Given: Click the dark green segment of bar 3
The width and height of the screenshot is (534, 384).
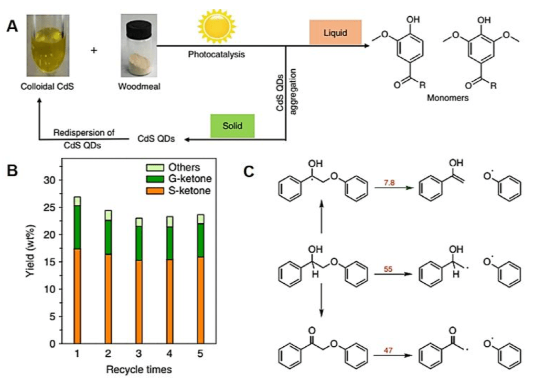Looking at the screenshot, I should coord(139,243).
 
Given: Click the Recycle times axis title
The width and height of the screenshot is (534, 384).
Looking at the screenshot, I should coord(139,369).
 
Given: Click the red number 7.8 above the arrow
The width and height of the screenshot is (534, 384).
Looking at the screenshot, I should coord(388,183).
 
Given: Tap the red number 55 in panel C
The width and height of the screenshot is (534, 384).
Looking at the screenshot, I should coord(388,268).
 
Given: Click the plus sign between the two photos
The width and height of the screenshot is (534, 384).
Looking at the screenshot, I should coord(94,50).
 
